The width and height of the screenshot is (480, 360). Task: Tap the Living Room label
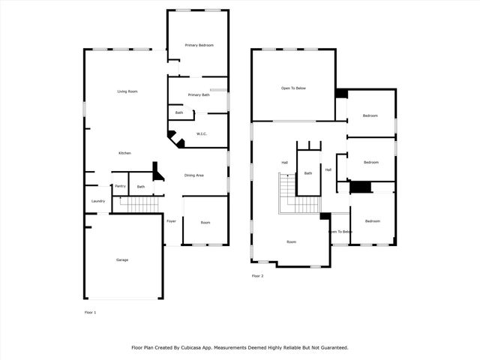pos(127,91)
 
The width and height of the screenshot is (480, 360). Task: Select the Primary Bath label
pos(199,95)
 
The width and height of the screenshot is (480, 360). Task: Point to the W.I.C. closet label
pos(202,134)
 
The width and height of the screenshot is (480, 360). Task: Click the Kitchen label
pos(124,153)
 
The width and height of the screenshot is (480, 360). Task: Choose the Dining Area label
pos(194,175)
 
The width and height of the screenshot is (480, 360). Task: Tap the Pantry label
pos(120,186)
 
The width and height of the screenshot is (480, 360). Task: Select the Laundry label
pos(97,201)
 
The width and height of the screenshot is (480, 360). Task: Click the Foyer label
pos(171,222)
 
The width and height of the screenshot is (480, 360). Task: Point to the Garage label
pos(121,260)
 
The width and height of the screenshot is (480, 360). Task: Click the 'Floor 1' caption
pos(90,312)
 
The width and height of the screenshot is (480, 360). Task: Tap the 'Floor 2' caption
pos(257,276)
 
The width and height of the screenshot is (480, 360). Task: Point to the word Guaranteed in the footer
pos(331,348)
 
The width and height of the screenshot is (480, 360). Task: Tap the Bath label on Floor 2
pos(308,173)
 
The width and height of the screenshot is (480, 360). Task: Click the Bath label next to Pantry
pos(140,186)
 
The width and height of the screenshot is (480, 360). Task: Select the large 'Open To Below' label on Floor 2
pos(293,88)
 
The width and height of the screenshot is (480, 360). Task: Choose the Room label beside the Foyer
pos(205,223)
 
